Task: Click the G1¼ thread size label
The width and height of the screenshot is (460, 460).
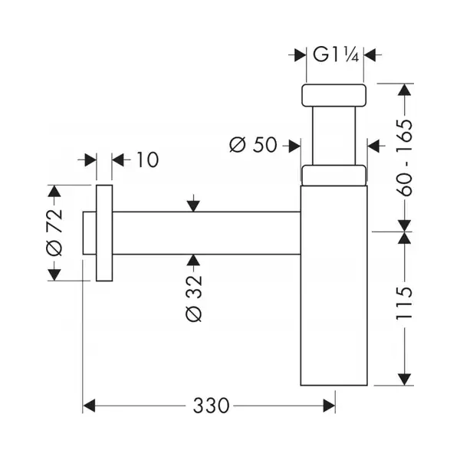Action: tap(336, 54)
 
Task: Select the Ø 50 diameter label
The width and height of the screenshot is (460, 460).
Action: tap(253, 145)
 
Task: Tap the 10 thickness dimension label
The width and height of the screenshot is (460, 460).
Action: tap(147, 160)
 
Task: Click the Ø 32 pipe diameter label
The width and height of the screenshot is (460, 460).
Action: tap(194, 298)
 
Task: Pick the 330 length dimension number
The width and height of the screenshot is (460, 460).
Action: tap(211, 406)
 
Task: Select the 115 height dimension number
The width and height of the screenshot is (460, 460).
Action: tap(404, 304)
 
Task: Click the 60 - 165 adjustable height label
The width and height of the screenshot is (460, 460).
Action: tap(404, 157)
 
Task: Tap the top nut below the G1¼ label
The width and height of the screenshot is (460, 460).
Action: tap(333, 95)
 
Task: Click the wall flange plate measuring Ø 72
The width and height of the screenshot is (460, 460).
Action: tap(104, 233)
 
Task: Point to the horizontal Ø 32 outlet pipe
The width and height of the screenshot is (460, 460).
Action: tap(206, 233)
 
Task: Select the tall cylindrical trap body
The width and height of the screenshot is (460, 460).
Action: tap(333, 285)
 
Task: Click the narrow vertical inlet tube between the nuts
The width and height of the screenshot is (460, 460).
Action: tap(333, 136)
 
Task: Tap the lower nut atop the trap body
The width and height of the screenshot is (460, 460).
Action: tap(333, 176)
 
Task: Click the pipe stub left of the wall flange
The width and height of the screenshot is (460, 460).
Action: tap(90, 233)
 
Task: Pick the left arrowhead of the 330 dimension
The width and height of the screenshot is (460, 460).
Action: tap(89, 406)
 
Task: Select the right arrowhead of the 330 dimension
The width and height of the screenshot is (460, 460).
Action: tap(329, 406)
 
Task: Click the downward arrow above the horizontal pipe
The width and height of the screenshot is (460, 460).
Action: tap(193, 203)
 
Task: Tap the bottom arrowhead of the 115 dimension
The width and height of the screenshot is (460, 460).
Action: tap(405, 379)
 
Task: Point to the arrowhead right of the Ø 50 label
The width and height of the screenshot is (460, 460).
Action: tap(295, 146)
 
